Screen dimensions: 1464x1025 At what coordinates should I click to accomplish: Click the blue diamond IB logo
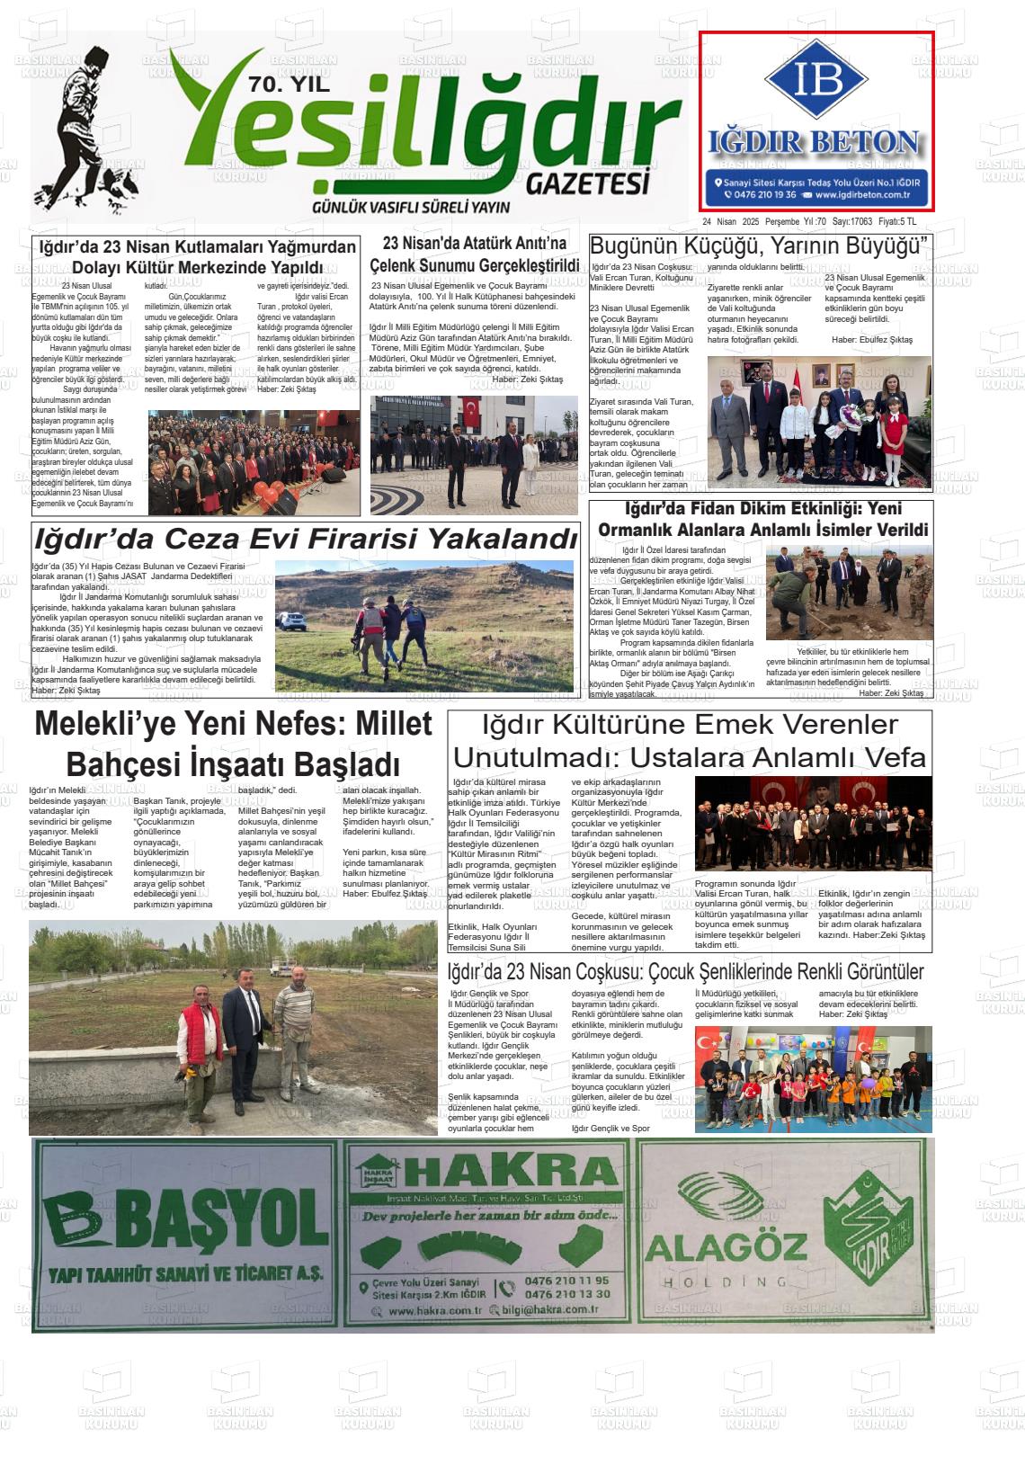[816, 79]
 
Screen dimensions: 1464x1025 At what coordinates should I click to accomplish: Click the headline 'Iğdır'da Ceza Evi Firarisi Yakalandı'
[305, 539]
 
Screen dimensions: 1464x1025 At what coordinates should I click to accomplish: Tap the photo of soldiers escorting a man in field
[423, 626]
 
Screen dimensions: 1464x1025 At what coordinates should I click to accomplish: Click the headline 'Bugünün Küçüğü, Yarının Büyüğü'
[758, 245]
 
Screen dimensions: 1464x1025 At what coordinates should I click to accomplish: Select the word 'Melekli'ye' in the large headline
[102, 725]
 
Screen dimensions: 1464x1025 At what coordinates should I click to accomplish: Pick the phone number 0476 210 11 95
[566, 1281]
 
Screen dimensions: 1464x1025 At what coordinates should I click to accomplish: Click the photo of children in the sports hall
[813, 1079]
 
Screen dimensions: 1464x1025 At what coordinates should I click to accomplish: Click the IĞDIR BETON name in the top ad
[815, 142]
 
